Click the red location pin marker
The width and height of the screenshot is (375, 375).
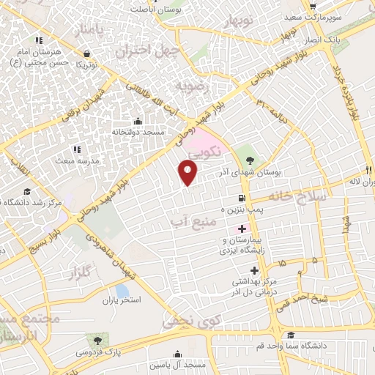tap(188, 173)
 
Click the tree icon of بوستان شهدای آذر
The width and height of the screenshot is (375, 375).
tap(250, 160)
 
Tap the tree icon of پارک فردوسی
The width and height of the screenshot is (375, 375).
tap(96, 339)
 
